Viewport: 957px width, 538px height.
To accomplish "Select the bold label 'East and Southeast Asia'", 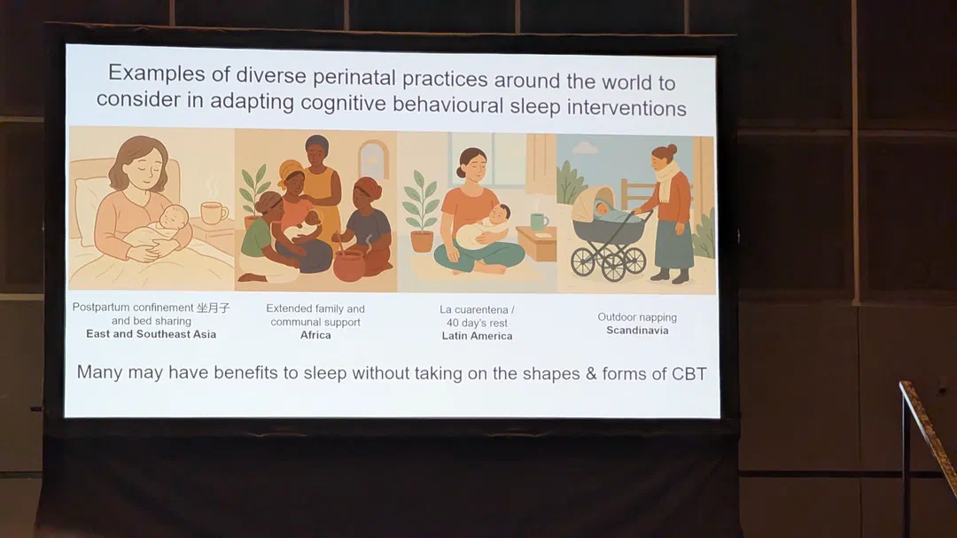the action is click(x=151, y=334).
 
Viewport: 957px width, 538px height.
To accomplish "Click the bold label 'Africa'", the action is click(x=315, y=335).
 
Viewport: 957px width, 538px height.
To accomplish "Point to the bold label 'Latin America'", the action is click(x=478, y=336).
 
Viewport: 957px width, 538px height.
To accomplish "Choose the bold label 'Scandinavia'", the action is click(x=637, y=331).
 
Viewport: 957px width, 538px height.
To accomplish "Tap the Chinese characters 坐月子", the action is click(x=213, y=308).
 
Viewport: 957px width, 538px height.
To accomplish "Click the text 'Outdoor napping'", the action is click(x=637, y=317).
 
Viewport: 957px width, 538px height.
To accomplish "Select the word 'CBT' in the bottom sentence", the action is click(x=689, y=374).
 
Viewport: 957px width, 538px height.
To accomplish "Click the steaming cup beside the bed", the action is click(x=214, y=213).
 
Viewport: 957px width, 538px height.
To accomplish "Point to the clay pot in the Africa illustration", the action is click(x=349, y=265).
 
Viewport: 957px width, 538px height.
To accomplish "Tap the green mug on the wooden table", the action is click(x=539, y=221).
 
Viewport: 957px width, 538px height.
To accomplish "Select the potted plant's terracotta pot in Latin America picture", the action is click(x=422, y=240).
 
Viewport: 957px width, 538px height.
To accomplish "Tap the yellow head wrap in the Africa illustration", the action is click(x=290, y=169).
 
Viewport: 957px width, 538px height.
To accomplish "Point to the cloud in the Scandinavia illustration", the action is click(x=586, y=148).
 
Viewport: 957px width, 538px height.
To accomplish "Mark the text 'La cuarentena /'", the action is click(x=478, y=310).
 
